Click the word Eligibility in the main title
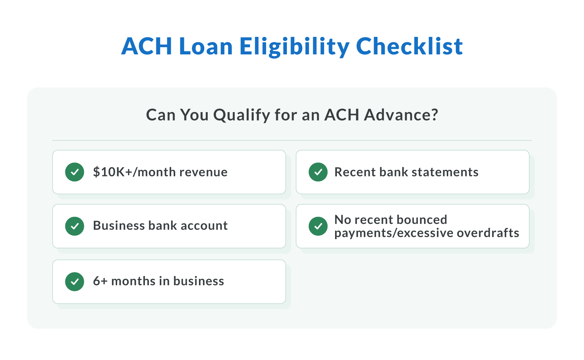pos(294,47)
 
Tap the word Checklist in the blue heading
pos(409,47)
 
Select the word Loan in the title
pos(205,47)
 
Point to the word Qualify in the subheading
pos(241,115)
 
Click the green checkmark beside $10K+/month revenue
pos(74,172)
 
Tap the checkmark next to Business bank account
pos(74,226)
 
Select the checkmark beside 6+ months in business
pos(74,282)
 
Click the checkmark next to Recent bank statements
pos(318,172)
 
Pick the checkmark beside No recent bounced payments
pos(318,226)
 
